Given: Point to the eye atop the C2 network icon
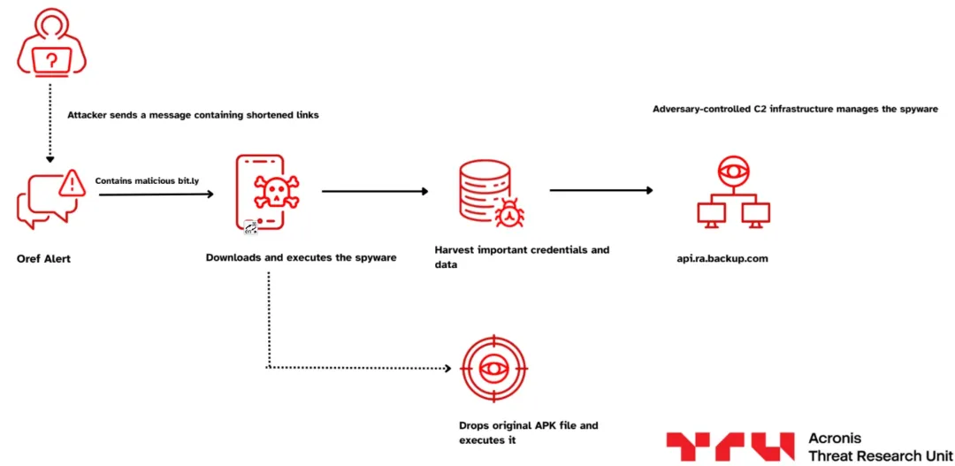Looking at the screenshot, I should [733, 171].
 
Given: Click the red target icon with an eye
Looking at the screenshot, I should [493, 369].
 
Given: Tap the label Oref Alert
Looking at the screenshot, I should [43, 259].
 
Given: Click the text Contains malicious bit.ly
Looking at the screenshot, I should [147, 180].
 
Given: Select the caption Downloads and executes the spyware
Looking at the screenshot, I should [301, 258].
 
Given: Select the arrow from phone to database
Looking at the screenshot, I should [375, 191].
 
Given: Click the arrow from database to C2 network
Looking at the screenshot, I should [601, 190].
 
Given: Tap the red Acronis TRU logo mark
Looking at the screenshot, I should [730, 447].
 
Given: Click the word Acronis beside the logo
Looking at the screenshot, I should [835, 439].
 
